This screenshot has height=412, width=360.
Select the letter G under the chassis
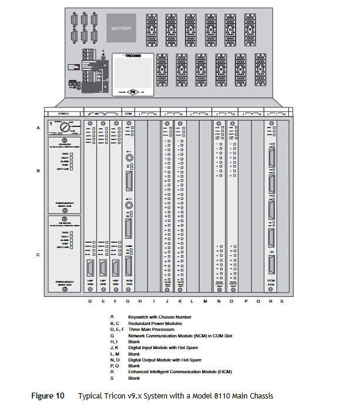click(129, 301)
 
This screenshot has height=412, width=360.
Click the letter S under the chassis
click(281, 301)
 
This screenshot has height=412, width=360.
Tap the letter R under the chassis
click(270, 301)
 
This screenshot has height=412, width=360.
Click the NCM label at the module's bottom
click(129, 281)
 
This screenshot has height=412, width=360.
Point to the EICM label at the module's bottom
click(271, 281)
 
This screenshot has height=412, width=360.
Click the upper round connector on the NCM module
click(129, 158)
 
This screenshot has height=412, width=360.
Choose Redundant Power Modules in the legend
click(155, 323)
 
